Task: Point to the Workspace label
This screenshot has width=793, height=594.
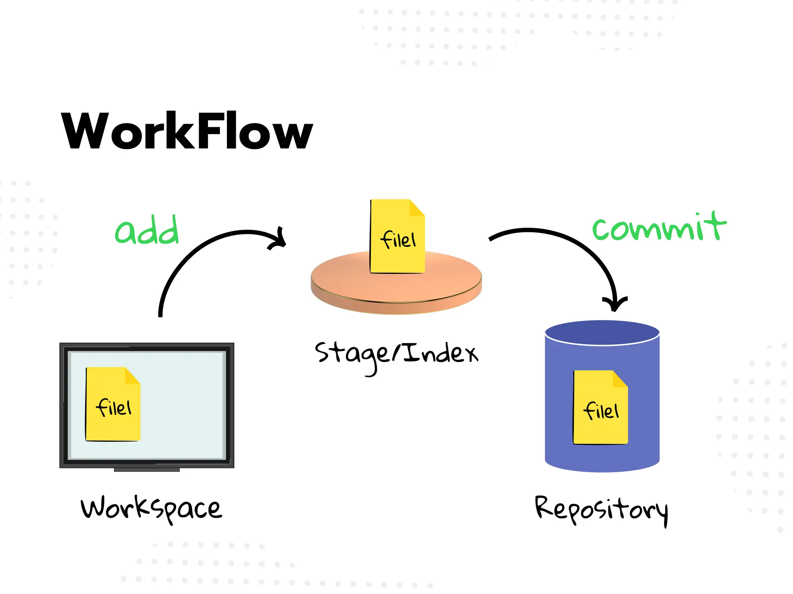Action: (151, 508)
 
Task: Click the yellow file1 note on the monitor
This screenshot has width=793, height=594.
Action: (113, 404)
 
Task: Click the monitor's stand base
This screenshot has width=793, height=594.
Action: (147, 470)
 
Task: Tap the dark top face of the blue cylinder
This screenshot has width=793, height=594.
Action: (602, 332)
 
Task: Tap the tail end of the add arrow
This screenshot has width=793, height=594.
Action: (160, 314)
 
